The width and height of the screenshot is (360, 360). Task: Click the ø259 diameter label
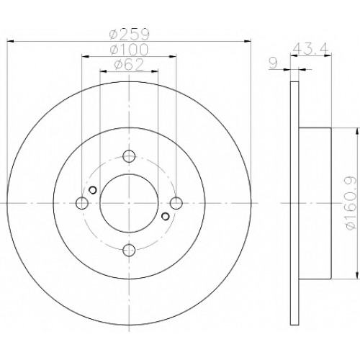pos(130,35)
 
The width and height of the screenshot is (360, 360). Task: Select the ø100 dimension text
pos(129,50)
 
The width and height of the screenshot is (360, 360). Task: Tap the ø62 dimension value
pos(129,64)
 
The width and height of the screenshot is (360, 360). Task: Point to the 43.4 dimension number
pos(311,49)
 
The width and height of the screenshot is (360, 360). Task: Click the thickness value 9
pos(273,63)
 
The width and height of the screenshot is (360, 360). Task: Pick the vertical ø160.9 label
pos(351,203)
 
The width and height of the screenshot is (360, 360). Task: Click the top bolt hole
pos(129,156)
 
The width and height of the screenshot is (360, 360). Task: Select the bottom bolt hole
pos(129,251)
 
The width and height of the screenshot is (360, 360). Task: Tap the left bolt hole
pos(82,203)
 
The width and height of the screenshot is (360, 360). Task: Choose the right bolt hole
pos(176,203)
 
